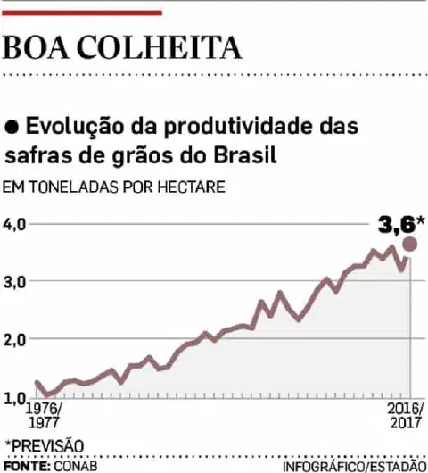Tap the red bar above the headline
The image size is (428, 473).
click(83, 12)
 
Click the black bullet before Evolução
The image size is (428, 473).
click(12, 127)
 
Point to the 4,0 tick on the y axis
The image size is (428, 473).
click(16, 223)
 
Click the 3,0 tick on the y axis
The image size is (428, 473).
click(16, 281)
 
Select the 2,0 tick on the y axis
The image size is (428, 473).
click(16, 339)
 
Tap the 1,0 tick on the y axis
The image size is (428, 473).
click(16, 397)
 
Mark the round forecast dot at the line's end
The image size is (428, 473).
click(410, 245)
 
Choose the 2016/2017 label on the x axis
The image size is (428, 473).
click(406, 417)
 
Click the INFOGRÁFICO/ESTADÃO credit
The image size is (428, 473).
click(354, 466)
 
